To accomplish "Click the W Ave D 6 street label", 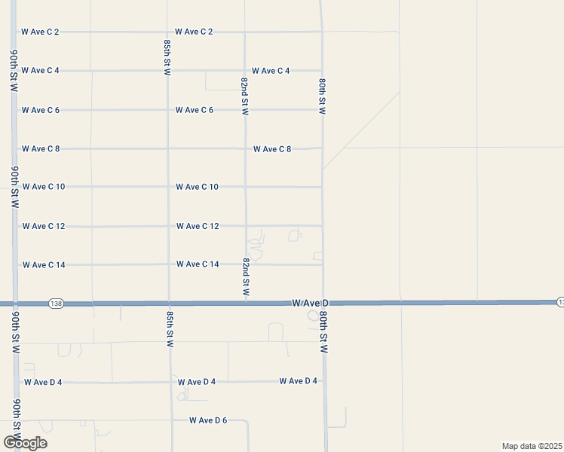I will (x=207, y=420).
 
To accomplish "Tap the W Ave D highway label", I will (x=309, y=303).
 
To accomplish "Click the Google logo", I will (x=24, y=442).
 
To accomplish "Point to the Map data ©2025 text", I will (x=532, y=446).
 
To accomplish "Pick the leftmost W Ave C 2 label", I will (x=41, y=32).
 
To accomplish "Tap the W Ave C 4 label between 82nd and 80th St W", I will (x=271, y=71).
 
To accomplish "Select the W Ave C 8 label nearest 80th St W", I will (x=272, y=149).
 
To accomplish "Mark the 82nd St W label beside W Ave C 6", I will (x=244, y=95).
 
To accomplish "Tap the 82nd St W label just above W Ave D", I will (x=246, y=276).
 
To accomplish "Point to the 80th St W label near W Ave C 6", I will (x=322, y=95).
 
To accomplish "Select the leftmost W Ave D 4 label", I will (x=43, y=382).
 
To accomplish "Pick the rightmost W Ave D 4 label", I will (x=298, y=381).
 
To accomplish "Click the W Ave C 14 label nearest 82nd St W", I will (x=198, y=264).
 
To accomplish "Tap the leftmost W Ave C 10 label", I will (x=44, y=187).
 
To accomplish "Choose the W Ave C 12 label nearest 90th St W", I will (x=44, y=226).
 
